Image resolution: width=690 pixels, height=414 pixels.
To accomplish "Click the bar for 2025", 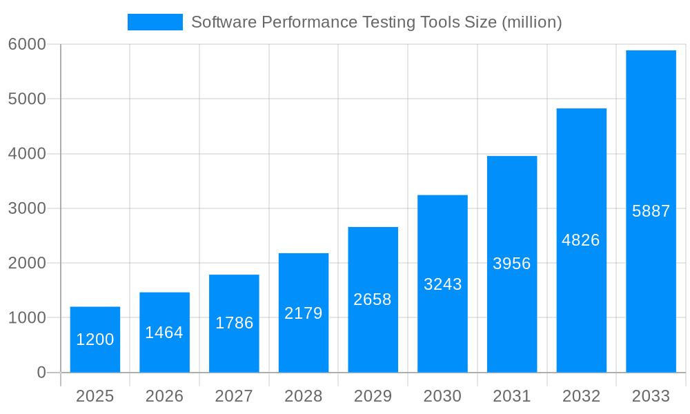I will click(x=95, y=339).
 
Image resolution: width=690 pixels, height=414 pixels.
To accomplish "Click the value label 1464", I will click(x=164, y=333).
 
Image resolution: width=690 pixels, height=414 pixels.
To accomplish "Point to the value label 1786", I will click(x=235, y=323).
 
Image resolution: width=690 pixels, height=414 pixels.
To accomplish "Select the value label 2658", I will click(x=373, y=299).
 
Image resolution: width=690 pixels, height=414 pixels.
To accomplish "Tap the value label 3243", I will click(x=442, y=284).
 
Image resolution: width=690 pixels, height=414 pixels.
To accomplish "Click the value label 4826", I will click(x=581, y=240).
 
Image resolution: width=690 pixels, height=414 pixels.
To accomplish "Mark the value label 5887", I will click(x=651, y=211).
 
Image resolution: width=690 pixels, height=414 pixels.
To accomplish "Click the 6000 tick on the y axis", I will click(x=27, y=44).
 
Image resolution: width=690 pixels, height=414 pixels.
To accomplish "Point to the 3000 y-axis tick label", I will click(x=27, y=208).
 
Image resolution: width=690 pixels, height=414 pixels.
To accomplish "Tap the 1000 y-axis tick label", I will click(x=27, y=318).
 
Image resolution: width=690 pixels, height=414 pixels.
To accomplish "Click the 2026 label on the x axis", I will click(x=164, y=396).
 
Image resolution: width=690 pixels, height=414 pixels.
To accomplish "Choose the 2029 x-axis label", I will click(x=373, y=396).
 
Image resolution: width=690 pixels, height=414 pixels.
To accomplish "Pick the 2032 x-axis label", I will click(x=581, y=396).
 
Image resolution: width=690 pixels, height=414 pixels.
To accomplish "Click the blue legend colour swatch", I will click(x=155, y=22).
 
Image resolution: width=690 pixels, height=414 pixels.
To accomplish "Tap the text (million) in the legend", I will click(x=531, y=22).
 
